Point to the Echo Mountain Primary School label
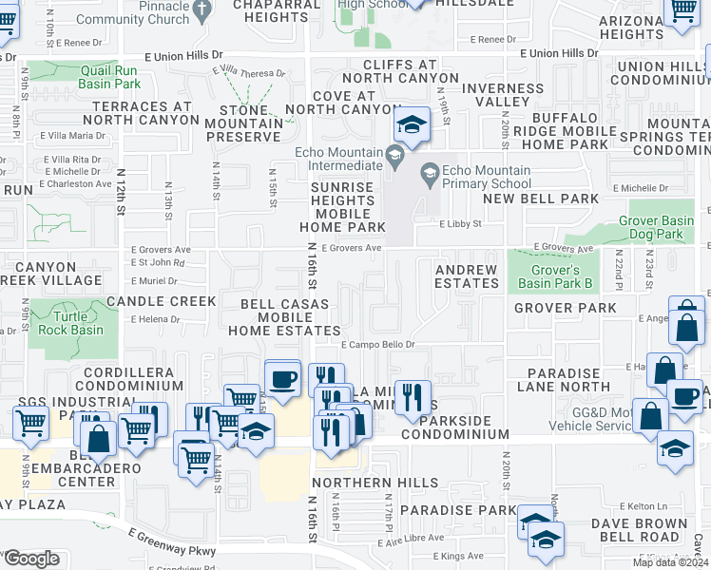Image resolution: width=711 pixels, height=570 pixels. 475,178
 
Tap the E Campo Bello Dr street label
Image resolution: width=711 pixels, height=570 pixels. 378,345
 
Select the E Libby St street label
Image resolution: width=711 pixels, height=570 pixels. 461,225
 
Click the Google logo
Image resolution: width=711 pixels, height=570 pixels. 31,559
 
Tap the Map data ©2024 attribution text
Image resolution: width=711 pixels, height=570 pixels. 669,562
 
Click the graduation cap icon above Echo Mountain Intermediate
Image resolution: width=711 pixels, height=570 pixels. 410,124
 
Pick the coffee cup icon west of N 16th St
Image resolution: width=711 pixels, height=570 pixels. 282,378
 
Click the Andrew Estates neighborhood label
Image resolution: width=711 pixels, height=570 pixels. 466,276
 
